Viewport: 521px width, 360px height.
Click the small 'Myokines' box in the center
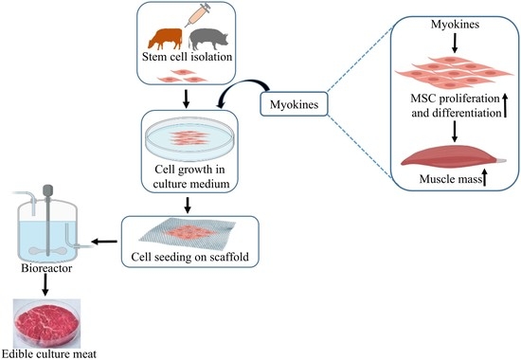coord(295,100)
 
